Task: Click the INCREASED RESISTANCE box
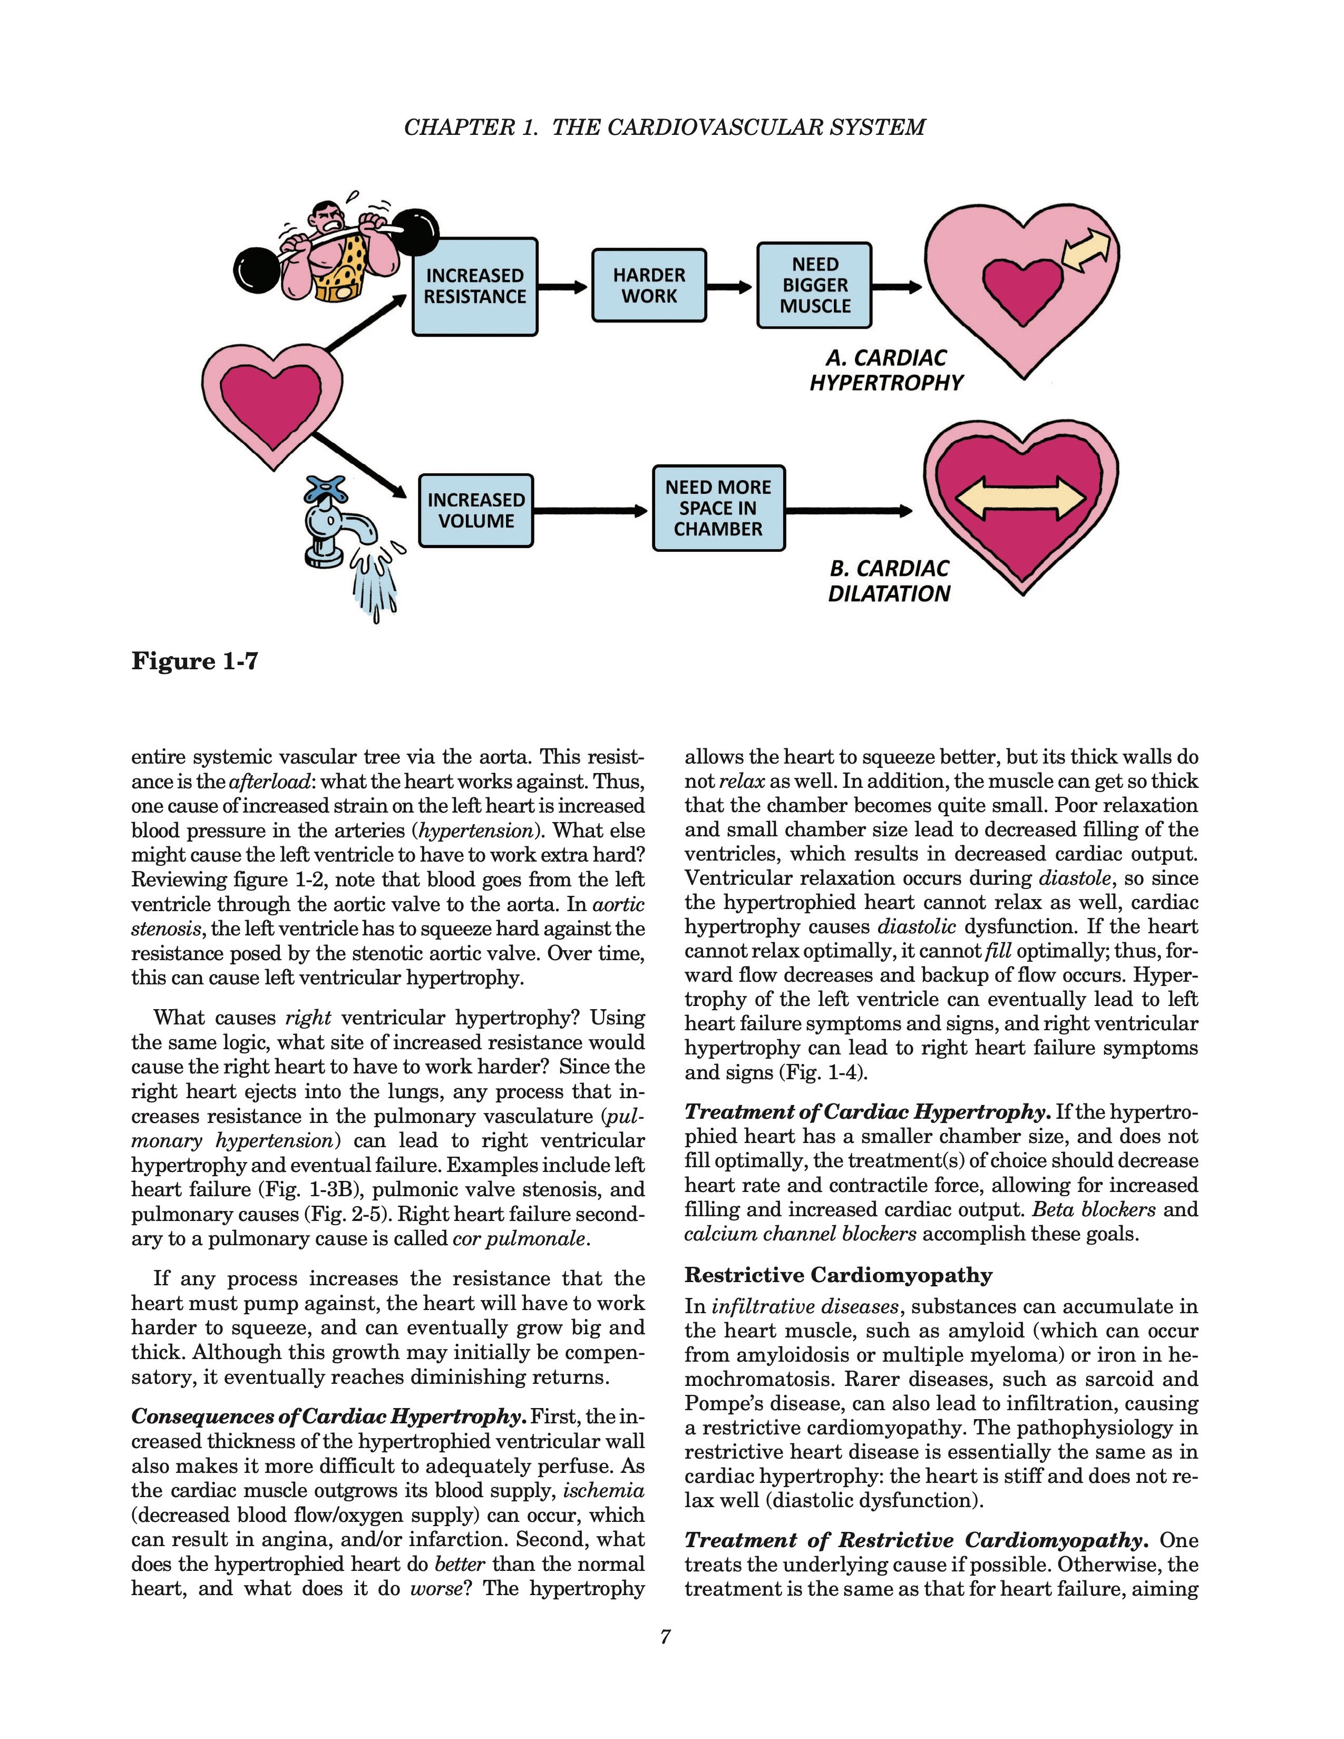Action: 474,287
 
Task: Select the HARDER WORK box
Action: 649,286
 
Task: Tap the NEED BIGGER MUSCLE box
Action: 814,286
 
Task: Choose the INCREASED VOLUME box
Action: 476,511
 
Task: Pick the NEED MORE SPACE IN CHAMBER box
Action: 718,508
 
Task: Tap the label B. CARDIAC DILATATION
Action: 889,581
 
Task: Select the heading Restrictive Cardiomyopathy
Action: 839,1275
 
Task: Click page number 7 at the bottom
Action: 666,1636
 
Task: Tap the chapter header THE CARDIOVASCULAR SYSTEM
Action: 738,128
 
